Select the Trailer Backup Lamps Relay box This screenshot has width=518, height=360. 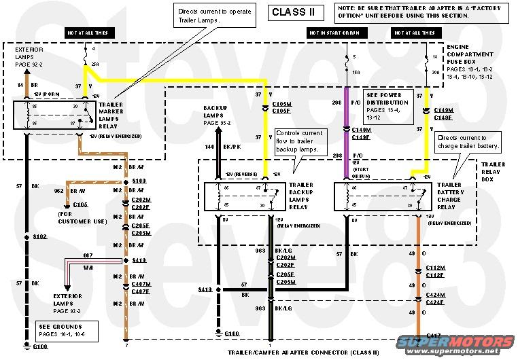click(x=241, y=196)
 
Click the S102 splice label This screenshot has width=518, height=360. click(x=39, y=237)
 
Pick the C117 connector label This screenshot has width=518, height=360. click(x=432, y=336)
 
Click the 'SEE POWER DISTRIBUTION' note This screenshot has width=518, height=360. click(x=390, y=105)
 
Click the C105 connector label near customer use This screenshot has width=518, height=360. click(x=81, y=204)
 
